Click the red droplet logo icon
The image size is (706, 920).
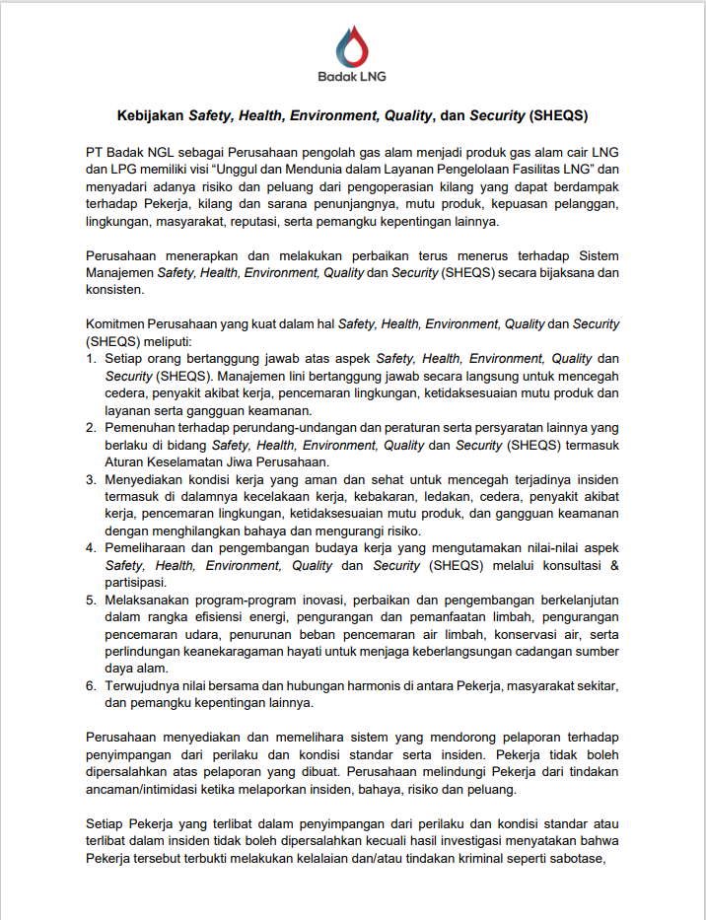click(352, 44)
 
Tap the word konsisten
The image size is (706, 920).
click(114, 290)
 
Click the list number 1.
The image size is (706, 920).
click(91, 359)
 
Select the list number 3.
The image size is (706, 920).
click(91, 479)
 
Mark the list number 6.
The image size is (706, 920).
click(91, 685)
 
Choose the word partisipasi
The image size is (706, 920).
click(138, 583)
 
